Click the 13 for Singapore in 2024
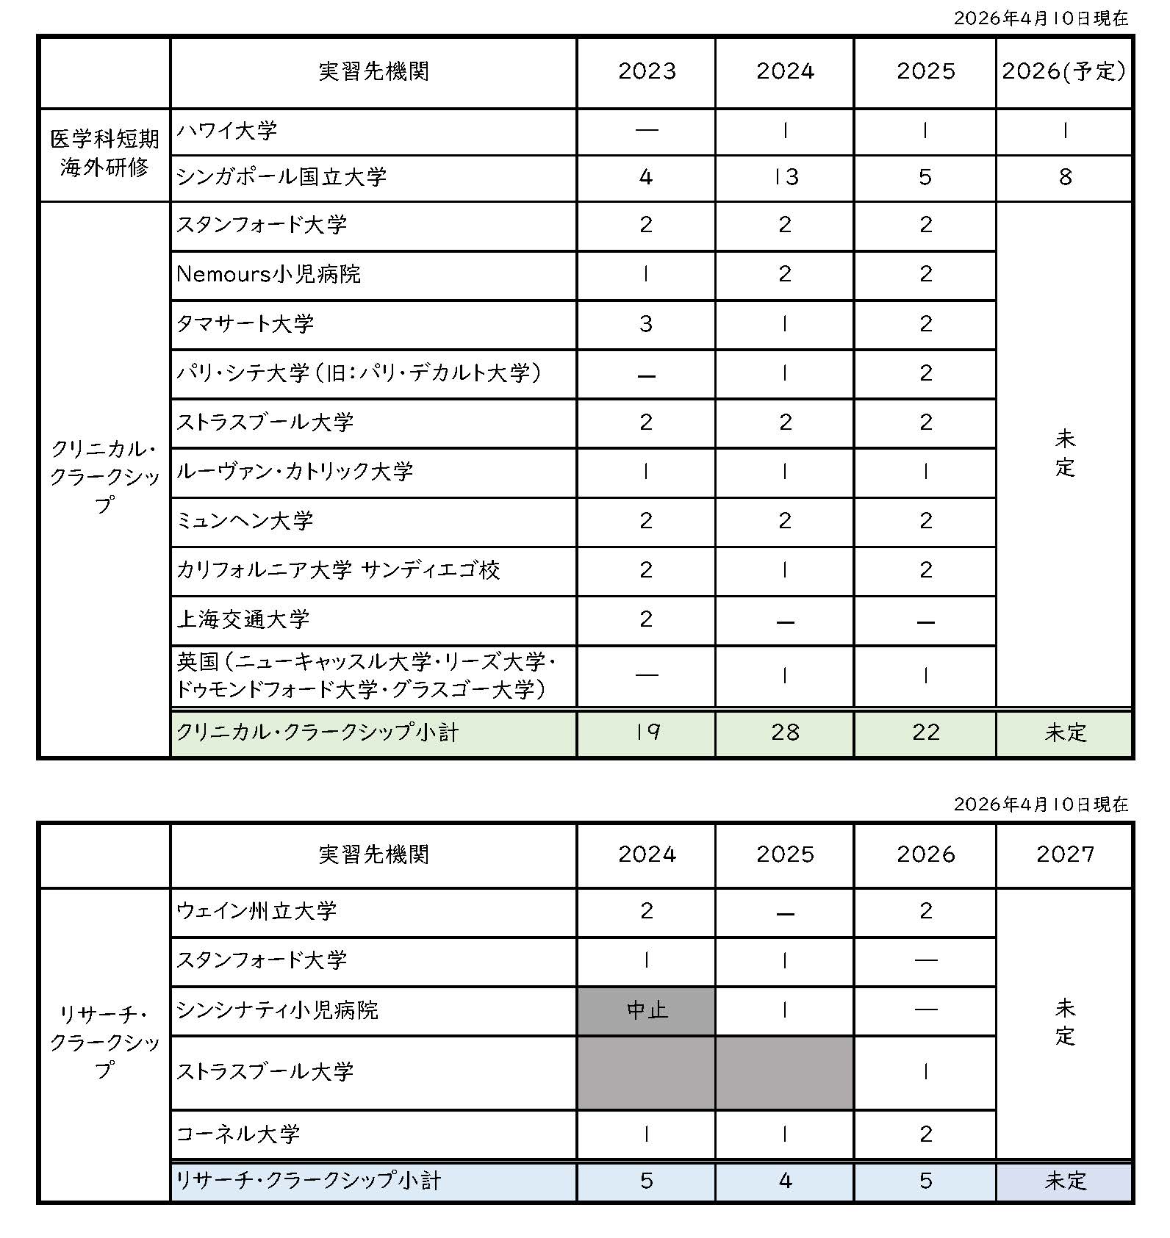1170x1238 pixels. pyautogui.click(x=785, y=177)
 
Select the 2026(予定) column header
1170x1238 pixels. pyautogui.click(x=1063, y=71)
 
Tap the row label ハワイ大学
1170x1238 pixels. pyautogui.click(x=227, y=132)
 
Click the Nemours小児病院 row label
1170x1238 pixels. pyautogui.click(x=268, y=275)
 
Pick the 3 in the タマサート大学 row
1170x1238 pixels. pyautogui.click(x=646, y=324)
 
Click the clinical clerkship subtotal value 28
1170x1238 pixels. pyautogui.click(x=785, y=732)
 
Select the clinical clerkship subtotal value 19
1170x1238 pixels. pyautogui.click(x=646, y=732)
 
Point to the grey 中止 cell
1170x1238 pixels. pyautogui.click(x=646, y=1010)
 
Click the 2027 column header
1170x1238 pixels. pyautogui.click(x=1065, y=854)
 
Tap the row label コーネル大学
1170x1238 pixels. pyautogui.click(x=238, y=1134)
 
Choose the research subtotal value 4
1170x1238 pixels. pyautogui.click(x=785, y=1181)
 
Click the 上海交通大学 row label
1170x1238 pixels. pyautogui.click(x=243, y=619)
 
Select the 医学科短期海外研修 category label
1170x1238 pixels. pyautogui.click(x=104, y=154)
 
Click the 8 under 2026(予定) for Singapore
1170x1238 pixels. pyautogui.click(x=1065, y=177)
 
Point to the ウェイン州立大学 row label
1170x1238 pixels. pyautogui.click(x=256, y=911)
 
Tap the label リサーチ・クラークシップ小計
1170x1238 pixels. pyautogui.click(x=309, y=1181)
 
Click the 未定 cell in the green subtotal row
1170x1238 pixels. pyautogui.click(x=1065, y=733)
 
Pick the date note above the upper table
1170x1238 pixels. pyautogui.click(x=1041, y=18)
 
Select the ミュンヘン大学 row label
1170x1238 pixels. pyautogui.click(x=245, y=521)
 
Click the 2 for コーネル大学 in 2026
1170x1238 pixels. pyautogui.click(x=925, y=1134)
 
